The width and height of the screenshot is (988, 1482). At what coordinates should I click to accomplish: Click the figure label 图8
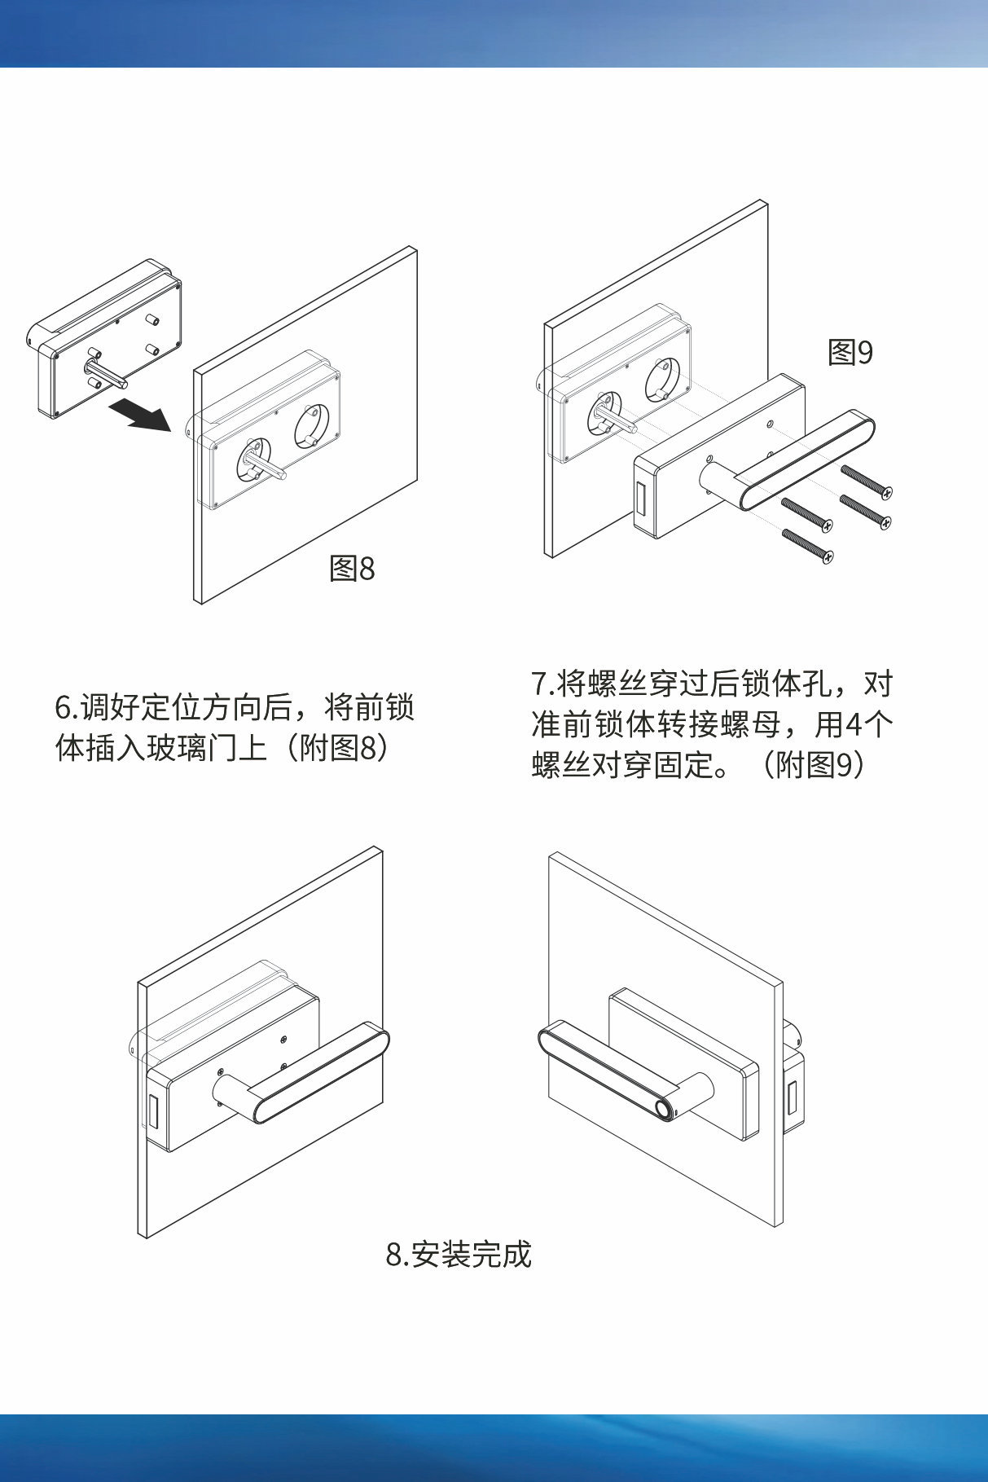(352, 568)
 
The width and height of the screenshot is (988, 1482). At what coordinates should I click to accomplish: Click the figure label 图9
(850, 352)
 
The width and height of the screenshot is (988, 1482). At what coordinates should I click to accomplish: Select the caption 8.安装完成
(459, 1254)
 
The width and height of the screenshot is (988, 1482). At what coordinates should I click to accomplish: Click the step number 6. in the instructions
(66, 708)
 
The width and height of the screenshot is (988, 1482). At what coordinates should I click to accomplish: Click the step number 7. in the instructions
(542, 684)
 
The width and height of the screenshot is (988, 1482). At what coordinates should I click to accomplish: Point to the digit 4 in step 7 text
(854, 724)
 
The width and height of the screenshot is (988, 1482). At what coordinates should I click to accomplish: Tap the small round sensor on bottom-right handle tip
(665, 1110)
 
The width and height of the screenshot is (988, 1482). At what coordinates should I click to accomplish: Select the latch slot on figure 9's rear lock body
(641, 499)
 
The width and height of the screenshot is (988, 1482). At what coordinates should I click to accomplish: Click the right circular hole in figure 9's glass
(661, 380)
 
